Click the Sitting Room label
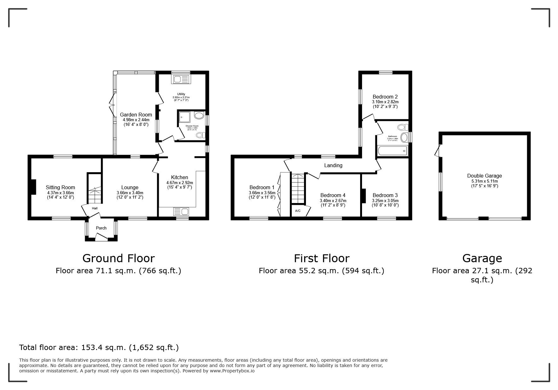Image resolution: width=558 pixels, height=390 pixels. pos(60,187)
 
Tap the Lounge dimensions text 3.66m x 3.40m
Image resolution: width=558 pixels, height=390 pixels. pos(130,193)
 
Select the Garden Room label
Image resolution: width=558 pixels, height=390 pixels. pos(136,115)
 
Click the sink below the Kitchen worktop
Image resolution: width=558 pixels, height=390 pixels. pos(181,212)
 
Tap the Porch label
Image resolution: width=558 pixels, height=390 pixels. pos(101,228)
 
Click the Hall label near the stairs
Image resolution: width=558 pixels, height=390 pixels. pos(95,208)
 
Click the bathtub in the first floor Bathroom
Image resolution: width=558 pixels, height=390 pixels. pos(392,151)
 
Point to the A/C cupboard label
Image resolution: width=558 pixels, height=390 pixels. pos(298,211)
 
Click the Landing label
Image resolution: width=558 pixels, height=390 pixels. pos(333,165)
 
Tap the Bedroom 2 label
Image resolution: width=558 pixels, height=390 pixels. pos(385,97)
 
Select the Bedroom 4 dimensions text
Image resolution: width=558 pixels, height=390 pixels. pos(333,201)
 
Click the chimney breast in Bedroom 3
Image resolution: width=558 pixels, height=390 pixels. pos(363,195)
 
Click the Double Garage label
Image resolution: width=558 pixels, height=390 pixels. pos(484,176)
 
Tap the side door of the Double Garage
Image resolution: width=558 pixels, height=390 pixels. pos(437,150)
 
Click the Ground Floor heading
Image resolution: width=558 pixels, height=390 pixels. pos(118,258)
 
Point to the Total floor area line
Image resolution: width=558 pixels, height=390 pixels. pos(99,348)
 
